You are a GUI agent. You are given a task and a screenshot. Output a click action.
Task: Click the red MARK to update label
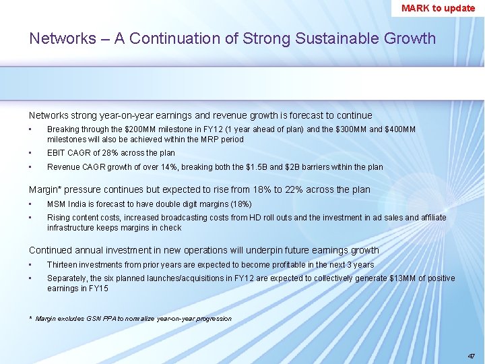tap(438, 8)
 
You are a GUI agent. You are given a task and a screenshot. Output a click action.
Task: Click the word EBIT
tap(56, 153)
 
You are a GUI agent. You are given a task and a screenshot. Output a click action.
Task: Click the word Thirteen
tap(62, 265)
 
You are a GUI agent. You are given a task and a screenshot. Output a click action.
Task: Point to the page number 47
tap(471, 355)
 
